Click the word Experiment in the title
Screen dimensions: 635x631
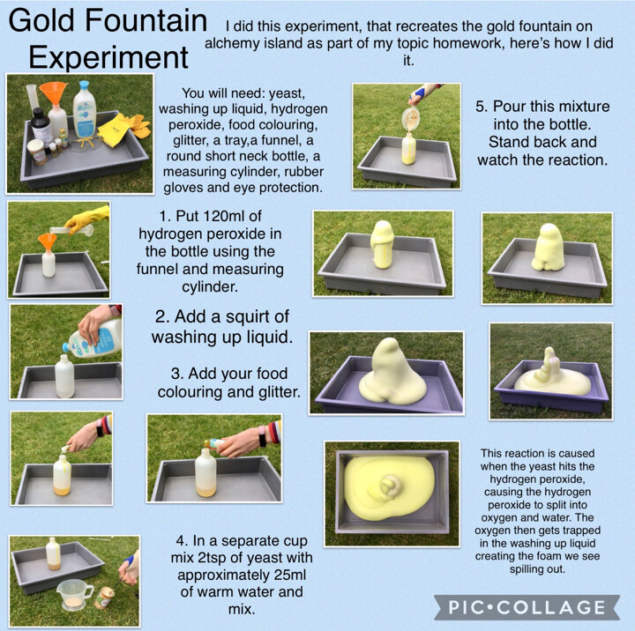108,57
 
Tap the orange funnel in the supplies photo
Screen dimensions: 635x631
54,93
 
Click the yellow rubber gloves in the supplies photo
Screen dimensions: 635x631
124,129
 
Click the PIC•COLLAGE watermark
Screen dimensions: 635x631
527,607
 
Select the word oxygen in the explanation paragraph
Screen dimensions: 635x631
496,517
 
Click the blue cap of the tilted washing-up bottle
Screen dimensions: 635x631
67,348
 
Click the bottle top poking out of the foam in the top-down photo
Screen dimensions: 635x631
389,484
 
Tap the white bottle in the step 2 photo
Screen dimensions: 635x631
64,376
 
